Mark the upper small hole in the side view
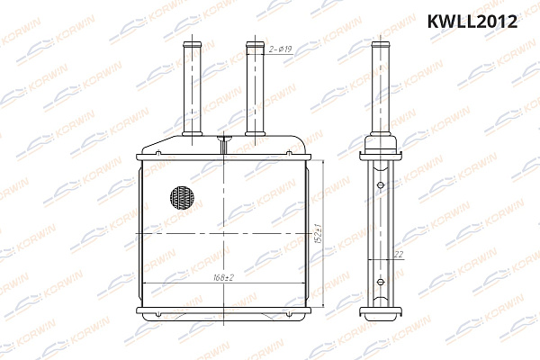tap(382, 187)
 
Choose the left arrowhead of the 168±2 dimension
tap(146, 283)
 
